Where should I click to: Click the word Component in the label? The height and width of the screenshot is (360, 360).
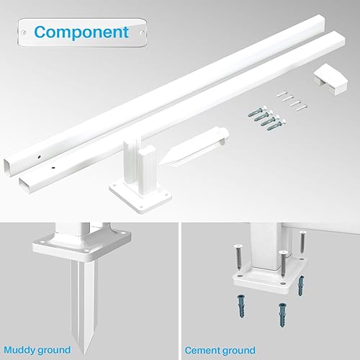[81, 32]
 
